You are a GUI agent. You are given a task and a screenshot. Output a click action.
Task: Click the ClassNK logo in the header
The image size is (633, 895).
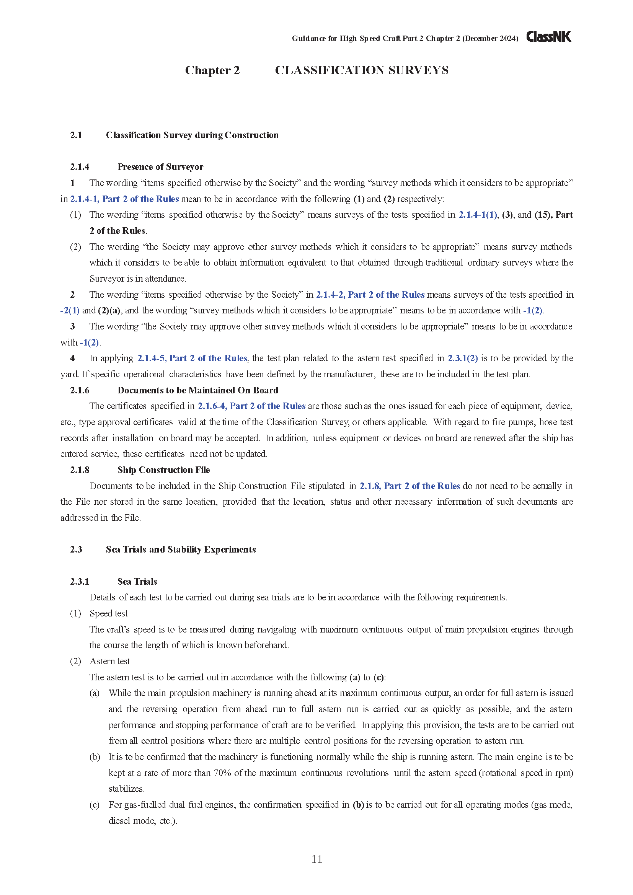point(548,37)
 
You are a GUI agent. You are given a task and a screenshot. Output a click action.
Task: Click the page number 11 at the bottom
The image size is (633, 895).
point(316,859)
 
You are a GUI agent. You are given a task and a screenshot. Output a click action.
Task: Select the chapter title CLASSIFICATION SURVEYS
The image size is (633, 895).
point(361,70)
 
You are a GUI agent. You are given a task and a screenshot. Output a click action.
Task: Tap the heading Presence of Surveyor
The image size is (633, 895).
point(160,167)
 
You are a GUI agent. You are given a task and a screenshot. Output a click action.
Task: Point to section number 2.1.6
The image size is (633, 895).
point(80,390)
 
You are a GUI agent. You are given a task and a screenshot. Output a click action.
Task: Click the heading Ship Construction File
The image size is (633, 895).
point(163,470)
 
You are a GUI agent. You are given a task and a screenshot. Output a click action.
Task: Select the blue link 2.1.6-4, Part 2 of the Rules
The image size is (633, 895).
point(251,406)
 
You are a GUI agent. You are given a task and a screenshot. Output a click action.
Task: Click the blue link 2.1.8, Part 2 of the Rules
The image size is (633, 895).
point(409,486)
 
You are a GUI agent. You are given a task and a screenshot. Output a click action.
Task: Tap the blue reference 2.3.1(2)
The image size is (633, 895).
point(462,358)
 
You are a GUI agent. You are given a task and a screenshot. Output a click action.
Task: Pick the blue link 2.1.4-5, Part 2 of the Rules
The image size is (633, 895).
point(192,358)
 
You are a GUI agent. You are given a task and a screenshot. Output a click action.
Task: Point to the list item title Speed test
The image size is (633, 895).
point(109,613)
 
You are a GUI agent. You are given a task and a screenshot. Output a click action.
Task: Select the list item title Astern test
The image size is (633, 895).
point(110,661)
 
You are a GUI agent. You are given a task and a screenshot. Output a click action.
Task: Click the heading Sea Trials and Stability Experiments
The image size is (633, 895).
point(181,549)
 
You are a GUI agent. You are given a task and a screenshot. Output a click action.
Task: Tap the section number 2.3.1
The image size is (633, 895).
point(80,582)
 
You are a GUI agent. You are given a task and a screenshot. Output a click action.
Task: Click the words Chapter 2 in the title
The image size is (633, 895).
point(212,70)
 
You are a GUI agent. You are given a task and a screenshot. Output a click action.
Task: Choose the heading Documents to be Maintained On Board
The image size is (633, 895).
point(197,390)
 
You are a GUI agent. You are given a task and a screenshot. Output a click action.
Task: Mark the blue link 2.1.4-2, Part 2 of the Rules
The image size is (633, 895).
point(370,295)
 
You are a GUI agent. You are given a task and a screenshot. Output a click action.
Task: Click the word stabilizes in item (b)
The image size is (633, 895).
point(126,789)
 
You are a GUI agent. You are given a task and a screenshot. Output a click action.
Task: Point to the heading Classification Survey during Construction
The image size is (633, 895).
point(192,135)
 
